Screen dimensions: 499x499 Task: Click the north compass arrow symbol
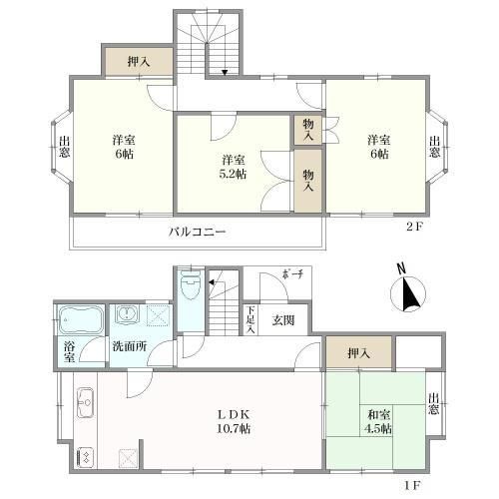tap(408, 293)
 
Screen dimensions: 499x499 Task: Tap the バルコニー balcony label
tap(198, 233)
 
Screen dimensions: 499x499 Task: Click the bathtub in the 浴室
tap(78, 321)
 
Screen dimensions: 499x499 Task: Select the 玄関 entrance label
tap(282, 320)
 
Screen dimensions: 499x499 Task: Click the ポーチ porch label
tap(291, 275)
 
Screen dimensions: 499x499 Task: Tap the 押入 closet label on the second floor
tap(139, 62)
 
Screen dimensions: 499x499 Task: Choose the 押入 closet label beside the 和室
tap(358, 352)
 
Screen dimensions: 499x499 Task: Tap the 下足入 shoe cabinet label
tap(252, 318)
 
